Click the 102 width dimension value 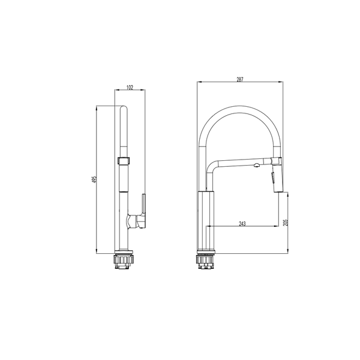tap(130, 88)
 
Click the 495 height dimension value tap(94, 179)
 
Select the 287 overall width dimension tap(239, 79)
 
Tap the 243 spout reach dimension tap(242, 224)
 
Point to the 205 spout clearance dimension tap(286, 223)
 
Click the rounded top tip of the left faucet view tap(124, 107)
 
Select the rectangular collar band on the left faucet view tap(124, 160)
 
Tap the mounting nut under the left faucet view tap(123, 262)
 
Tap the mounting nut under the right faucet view tap(206, 262)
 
